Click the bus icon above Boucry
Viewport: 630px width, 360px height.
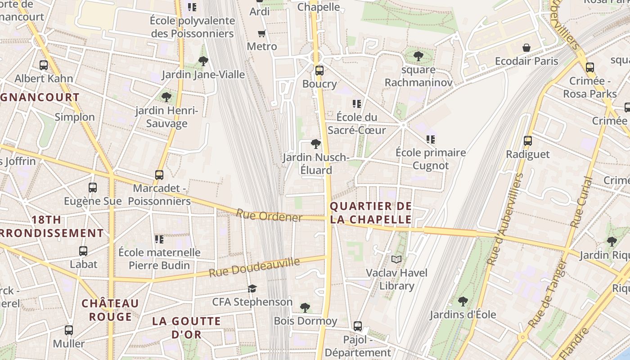(319, 70)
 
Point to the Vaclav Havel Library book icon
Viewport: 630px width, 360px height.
(396, 259)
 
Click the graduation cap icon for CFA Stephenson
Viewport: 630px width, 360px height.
(252, 288)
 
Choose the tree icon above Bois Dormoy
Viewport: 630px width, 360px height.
(305, 308)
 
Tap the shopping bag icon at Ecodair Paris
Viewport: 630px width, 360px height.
(526, 48)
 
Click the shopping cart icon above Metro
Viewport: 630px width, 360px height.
(261, 33)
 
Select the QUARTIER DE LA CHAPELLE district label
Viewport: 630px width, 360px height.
(371, 213)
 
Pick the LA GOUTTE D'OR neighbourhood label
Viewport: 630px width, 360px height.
(186, 328)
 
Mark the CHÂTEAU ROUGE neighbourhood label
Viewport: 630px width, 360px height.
(110, 310)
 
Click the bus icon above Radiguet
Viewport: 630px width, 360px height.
(528, 141)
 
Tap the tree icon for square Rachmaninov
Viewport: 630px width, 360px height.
(418, 56)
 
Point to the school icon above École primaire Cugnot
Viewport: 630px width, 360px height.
(431, 139)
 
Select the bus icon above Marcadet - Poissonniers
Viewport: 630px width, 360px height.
(159, 175)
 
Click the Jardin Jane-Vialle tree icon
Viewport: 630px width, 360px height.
(203, 61)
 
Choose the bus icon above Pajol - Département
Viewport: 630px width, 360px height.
(358, 326)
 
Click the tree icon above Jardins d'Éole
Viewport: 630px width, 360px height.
(463, 301)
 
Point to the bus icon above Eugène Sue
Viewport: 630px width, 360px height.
(93, 187)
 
